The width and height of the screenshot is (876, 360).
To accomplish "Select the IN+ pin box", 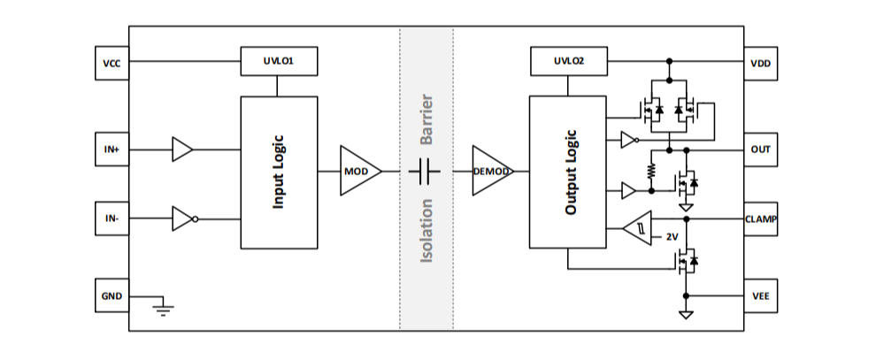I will (112, 149).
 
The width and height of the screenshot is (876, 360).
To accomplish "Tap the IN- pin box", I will (112, 218).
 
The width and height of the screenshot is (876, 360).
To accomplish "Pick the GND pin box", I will (112, 295).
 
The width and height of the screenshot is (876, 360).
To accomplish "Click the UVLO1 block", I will (279, 62).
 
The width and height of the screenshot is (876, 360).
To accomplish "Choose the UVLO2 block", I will (568, 62).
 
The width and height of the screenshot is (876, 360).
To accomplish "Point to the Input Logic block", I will (279, 172).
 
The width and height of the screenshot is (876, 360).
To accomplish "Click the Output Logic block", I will (567, 172).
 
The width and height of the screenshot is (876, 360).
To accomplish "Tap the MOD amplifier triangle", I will (358, 171).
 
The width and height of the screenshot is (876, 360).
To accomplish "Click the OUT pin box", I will (760, 149).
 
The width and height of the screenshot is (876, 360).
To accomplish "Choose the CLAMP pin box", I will (760, 218).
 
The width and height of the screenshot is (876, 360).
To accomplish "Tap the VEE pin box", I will (760, 296).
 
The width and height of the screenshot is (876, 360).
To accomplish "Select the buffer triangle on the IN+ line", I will (182, 149).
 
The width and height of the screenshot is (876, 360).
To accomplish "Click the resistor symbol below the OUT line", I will (650, 168).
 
